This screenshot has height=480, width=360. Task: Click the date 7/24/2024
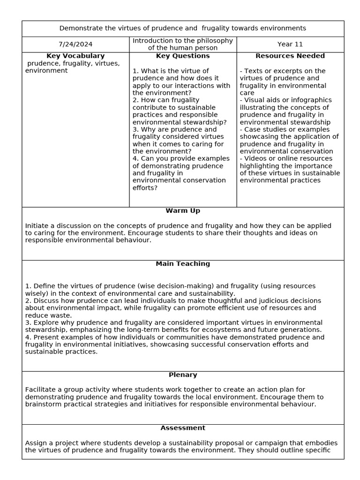click(75, 45)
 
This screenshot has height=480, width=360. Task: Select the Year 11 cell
click(290, 45)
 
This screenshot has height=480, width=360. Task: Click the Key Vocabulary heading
click(75, 56)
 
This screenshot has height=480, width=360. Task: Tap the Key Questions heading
click(183, 56)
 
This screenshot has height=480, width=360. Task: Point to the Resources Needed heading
click(290, 56)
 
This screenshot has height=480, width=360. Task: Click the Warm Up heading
click(183, 211)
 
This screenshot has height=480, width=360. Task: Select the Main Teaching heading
click(183, 264)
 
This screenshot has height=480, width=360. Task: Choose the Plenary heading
click(183, 375)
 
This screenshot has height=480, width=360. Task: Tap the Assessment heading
click(183, 428)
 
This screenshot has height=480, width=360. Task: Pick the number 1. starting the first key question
click(135, 71)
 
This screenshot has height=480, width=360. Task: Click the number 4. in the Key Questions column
click(135, 158)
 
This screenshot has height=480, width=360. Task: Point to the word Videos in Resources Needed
click(255, 158)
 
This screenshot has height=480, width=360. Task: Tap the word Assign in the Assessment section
click(36, 443)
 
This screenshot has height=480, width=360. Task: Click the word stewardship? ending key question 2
click(207, 122)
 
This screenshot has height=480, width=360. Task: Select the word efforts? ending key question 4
click(145, 188)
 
